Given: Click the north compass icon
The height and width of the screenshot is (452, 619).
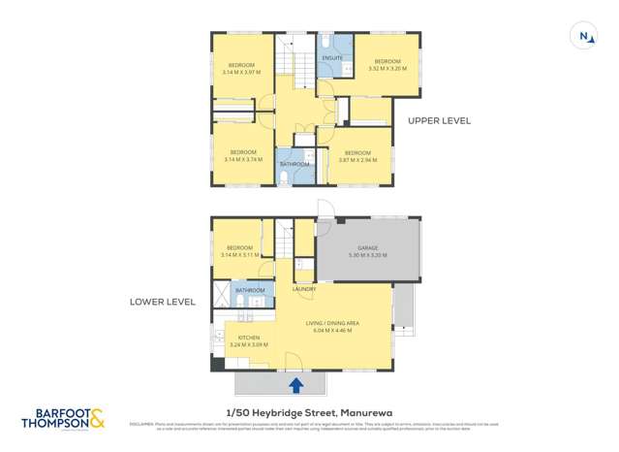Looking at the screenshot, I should [x=584, y=37].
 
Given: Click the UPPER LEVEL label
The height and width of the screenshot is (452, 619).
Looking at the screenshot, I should [x=439, y=121].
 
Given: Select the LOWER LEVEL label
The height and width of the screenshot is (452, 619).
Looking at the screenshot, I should [x=163, y=302].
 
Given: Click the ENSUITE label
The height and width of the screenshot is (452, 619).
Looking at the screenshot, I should [x=332, y=58].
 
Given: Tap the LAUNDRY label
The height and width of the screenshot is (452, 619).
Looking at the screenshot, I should [x=304, y=289].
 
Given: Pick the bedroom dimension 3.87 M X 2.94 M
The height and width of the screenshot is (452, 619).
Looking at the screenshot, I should [x=356, y=160].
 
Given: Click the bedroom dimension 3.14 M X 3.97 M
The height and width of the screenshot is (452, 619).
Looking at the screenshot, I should [x=241, y=72].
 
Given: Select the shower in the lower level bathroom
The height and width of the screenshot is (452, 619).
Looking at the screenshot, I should [x=222, y=290].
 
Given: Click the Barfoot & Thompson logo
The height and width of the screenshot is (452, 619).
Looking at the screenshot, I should [x=65, y=420].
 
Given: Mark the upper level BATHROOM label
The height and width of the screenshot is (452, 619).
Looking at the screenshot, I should [x=294, y=164].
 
